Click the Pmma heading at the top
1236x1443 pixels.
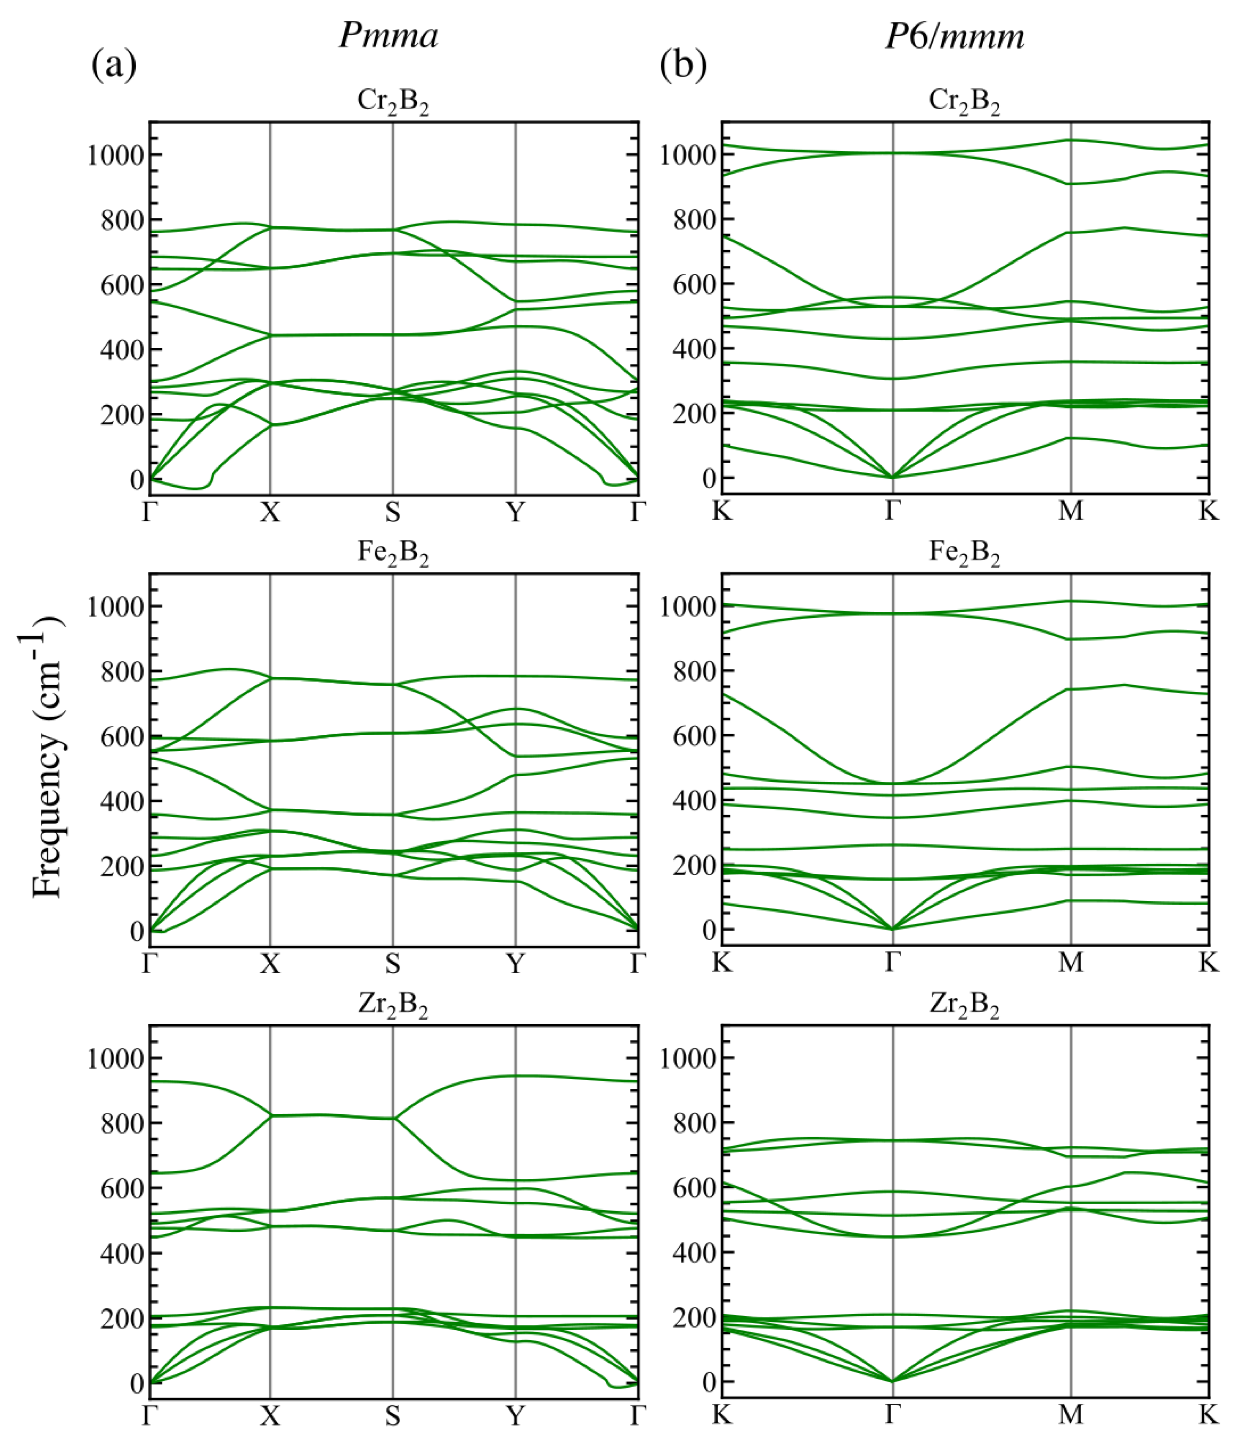pyautogui.click(x=388, y=35)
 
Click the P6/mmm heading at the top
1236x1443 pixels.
pyautogui.click(x=954, y=35)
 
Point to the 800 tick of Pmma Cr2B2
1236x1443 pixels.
pyautogui.click(x=121, y=220)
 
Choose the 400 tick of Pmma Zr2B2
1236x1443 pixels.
pyautogui.click(x=121, y=1254)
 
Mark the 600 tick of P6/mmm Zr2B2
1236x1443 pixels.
pyautogui.click(x=694, y=1188)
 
